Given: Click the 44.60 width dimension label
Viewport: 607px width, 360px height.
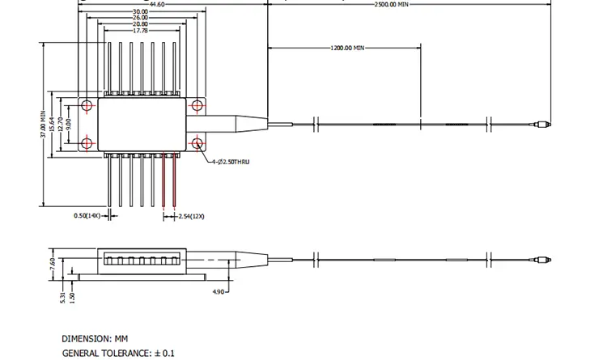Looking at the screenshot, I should pos(157,5).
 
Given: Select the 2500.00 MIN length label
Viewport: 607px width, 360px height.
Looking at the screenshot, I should pos(392,5).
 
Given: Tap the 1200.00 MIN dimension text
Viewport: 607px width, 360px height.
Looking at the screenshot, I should pos(347,48).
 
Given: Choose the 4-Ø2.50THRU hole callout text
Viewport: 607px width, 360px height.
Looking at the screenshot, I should pos(231,162).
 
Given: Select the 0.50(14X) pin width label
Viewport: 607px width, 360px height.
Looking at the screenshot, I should pos(87,216).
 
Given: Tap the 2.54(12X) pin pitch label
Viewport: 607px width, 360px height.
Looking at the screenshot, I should pos(192,216).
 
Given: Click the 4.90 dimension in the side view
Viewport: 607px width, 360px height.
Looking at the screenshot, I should pos(219,291).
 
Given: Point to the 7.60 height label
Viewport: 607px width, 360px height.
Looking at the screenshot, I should pos(53,264).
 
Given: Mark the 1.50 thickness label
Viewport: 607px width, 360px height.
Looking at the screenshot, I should pos(71,296).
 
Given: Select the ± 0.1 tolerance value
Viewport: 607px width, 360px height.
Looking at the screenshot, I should pos(163,353).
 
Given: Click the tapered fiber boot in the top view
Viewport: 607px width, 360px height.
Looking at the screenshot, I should pos(245,124).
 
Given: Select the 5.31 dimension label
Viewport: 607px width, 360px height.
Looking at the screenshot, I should pos(62,296).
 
